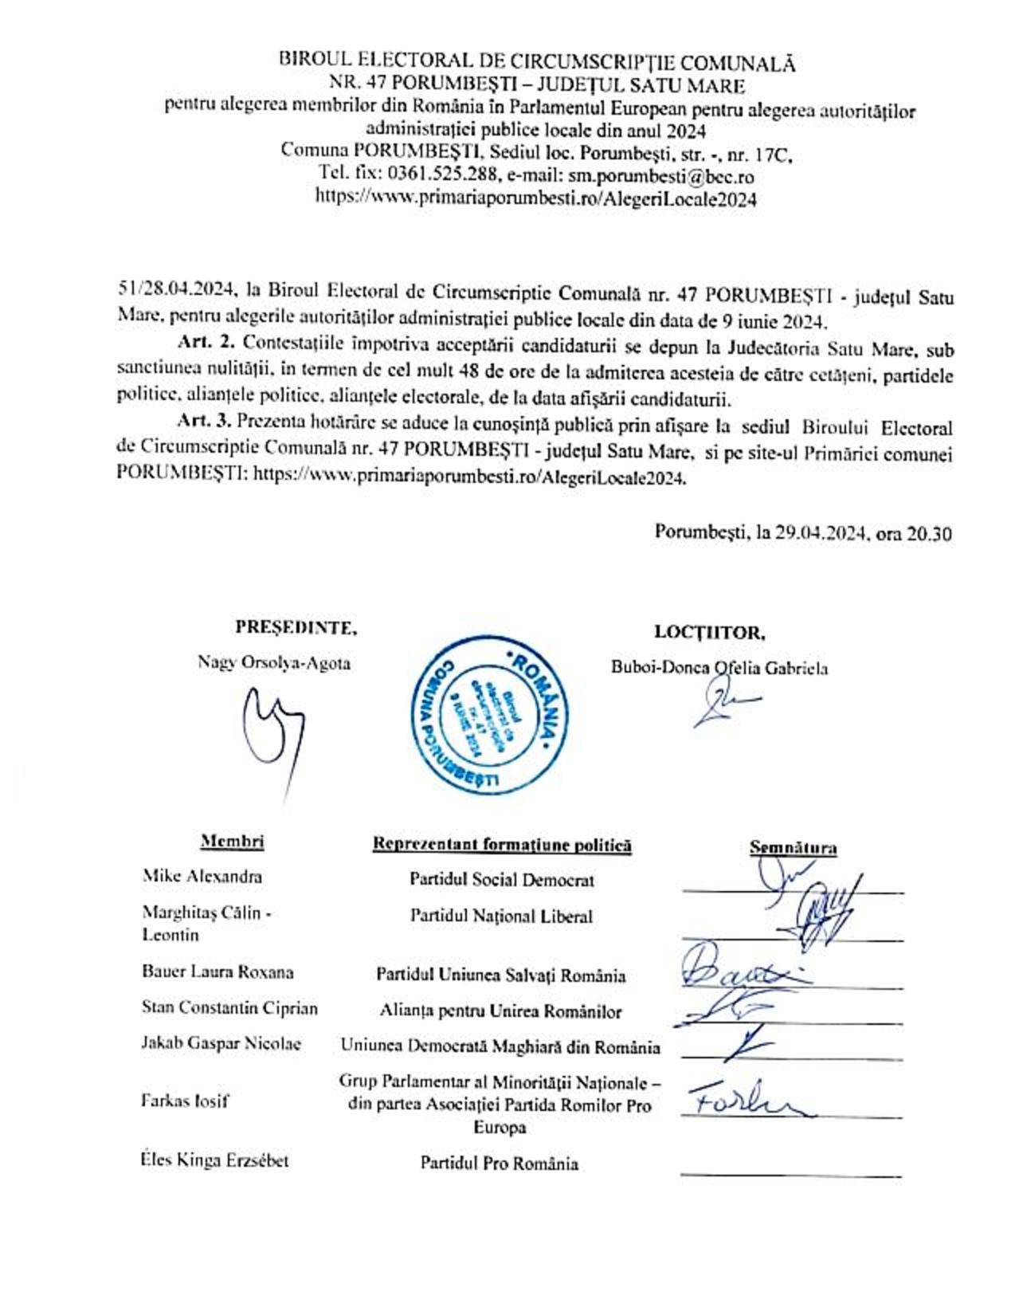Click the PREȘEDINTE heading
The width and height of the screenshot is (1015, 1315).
[296, 627]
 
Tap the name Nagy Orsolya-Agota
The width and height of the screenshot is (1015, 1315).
[273, 662]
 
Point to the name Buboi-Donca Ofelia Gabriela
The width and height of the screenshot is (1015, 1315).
[719, 668]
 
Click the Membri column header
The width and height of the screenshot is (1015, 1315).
[232, 842]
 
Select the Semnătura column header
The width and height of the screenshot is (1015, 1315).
[793, 848]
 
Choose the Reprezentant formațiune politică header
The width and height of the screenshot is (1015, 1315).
[502, 845]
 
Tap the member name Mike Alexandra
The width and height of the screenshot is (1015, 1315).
[202, 876]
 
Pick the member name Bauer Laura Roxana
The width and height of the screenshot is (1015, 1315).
[217, 972]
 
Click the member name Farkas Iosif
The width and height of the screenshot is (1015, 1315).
[185, 1101]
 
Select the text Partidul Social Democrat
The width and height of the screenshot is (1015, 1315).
[502, 880]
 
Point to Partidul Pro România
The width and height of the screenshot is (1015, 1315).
[500, 1164]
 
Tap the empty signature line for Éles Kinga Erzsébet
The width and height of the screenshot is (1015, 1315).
[790, 1173]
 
